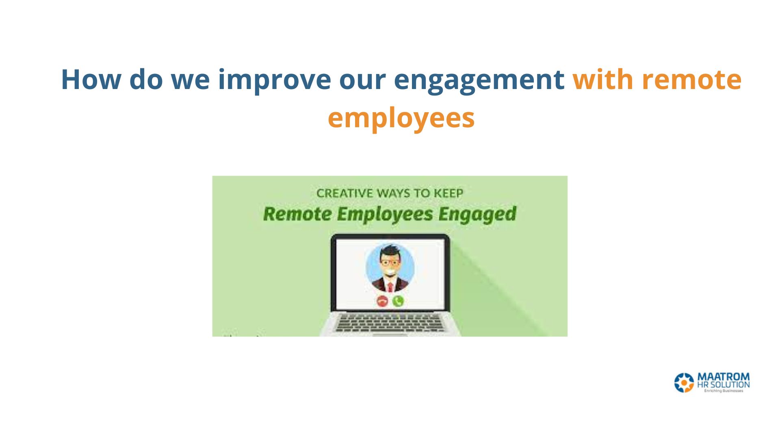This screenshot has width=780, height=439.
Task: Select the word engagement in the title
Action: [479, 82]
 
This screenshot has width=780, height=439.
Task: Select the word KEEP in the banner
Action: [448, 193]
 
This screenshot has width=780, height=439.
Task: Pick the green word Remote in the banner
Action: [297, 214]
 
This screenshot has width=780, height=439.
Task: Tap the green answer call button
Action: [398, 301]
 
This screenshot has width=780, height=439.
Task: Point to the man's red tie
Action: [390, 287]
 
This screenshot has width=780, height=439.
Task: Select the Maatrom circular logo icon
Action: [684, 382]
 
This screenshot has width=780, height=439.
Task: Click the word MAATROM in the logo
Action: [724, 377]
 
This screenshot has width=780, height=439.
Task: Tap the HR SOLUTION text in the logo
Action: [724, 385]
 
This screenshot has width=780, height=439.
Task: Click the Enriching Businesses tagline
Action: [724, 391]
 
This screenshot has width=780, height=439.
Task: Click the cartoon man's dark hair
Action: [390, 251]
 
